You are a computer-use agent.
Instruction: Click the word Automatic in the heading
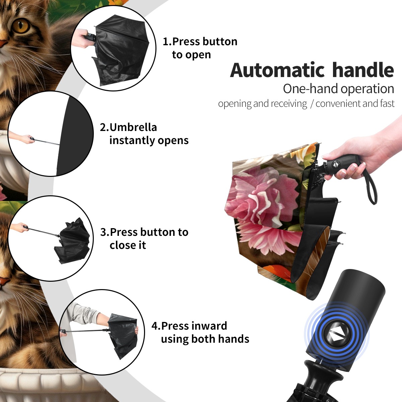(x=277, y=70)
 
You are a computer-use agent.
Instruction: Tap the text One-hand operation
(x=338, y=89)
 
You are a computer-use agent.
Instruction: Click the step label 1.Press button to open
(x=200, y=48)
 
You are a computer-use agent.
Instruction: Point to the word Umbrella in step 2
(x=133, y=127)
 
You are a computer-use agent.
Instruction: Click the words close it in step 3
(x=128, y=245)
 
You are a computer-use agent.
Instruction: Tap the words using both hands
(x=205, y=339)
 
